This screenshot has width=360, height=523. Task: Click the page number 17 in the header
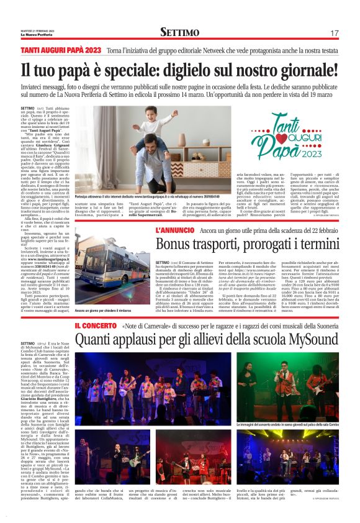point(334,32)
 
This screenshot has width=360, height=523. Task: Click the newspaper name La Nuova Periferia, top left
point(34,35)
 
